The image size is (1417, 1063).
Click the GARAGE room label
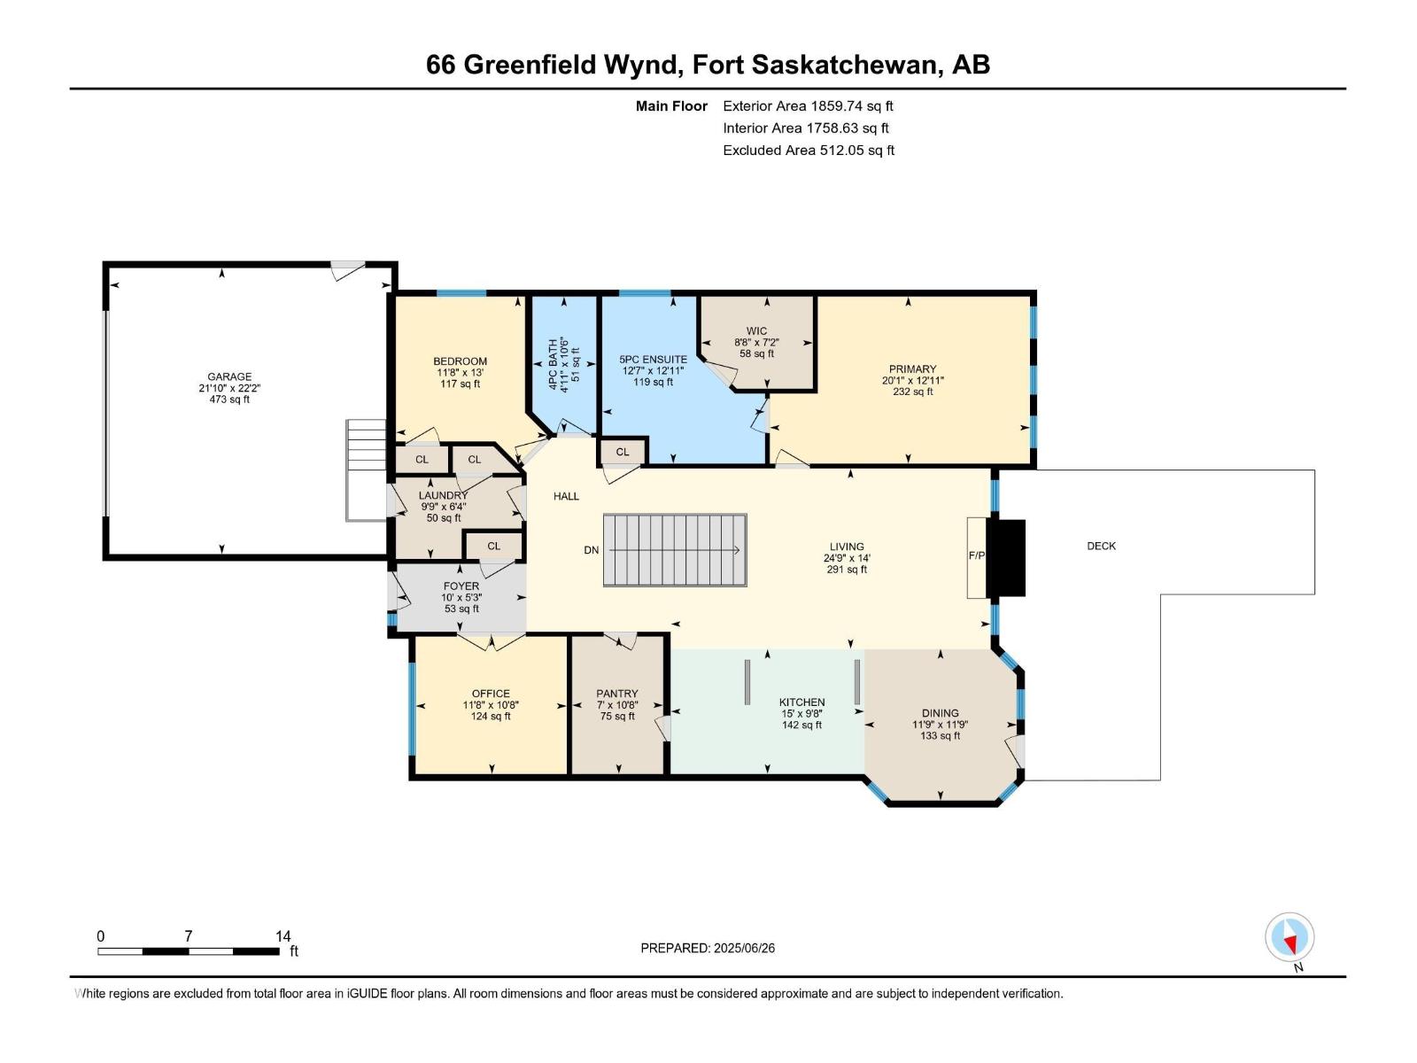[229, 376]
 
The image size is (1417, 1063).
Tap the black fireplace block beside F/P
[1005, 557]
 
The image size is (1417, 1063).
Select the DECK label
[1101, 546]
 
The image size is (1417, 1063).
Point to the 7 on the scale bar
[188, 935]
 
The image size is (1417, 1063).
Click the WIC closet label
[756, 331]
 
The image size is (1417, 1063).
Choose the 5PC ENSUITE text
[653, 360]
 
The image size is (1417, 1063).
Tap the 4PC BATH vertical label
[553, 364]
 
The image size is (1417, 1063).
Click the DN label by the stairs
[592, 550]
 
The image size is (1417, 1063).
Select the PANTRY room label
[617, 694]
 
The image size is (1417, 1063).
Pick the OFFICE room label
[491, 694]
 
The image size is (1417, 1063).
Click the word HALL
[566, 496]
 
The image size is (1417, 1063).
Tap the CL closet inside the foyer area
[493, 546]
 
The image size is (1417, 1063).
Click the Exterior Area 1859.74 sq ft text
[808, 105]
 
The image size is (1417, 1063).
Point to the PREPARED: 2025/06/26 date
[708, 948]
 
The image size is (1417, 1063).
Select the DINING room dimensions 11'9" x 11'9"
[940, 724]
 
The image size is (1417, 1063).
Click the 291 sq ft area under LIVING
[846, 570]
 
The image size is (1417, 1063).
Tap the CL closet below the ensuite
[623, 452]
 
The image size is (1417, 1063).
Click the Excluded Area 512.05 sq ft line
[808, 150]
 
